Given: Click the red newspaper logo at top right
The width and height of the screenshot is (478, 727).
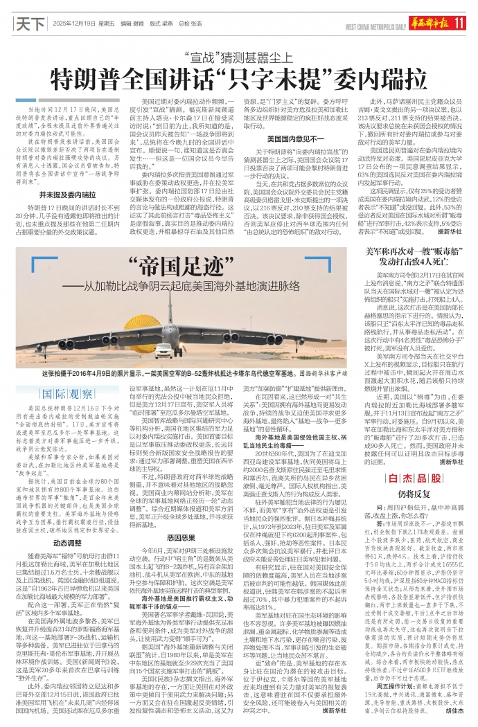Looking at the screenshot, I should click(x=432, y=24).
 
